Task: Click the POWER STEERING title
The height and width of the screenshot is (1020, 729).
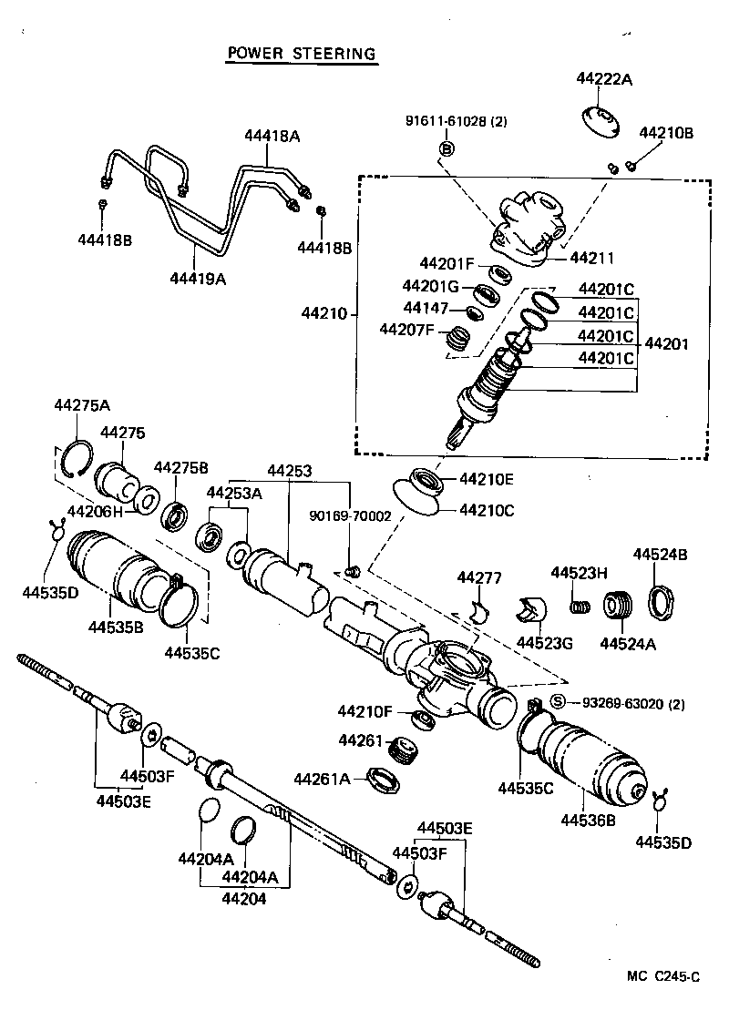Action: pos(301,54)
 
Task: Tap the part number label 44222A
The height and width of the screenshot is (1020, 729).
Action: pos(603,79)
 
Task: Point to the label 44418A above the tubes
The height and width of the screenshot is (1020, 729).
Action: pos(272,136)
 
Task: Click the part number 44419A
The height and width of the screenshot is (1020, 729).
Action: pos(196,279)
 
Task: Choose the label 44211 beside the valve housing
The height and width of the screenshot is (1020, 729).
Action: pos(592,259)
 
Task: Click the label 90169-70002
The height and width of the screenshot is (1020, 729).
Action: pos(351,515)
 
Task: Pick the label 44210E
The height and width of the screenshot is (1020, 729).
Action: pos(487,477)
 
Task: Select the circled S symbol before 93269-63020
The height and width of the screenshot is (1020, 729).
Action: pos(559,701)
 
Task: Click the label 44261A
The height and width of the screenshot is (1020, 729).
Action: pos(322,779)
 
